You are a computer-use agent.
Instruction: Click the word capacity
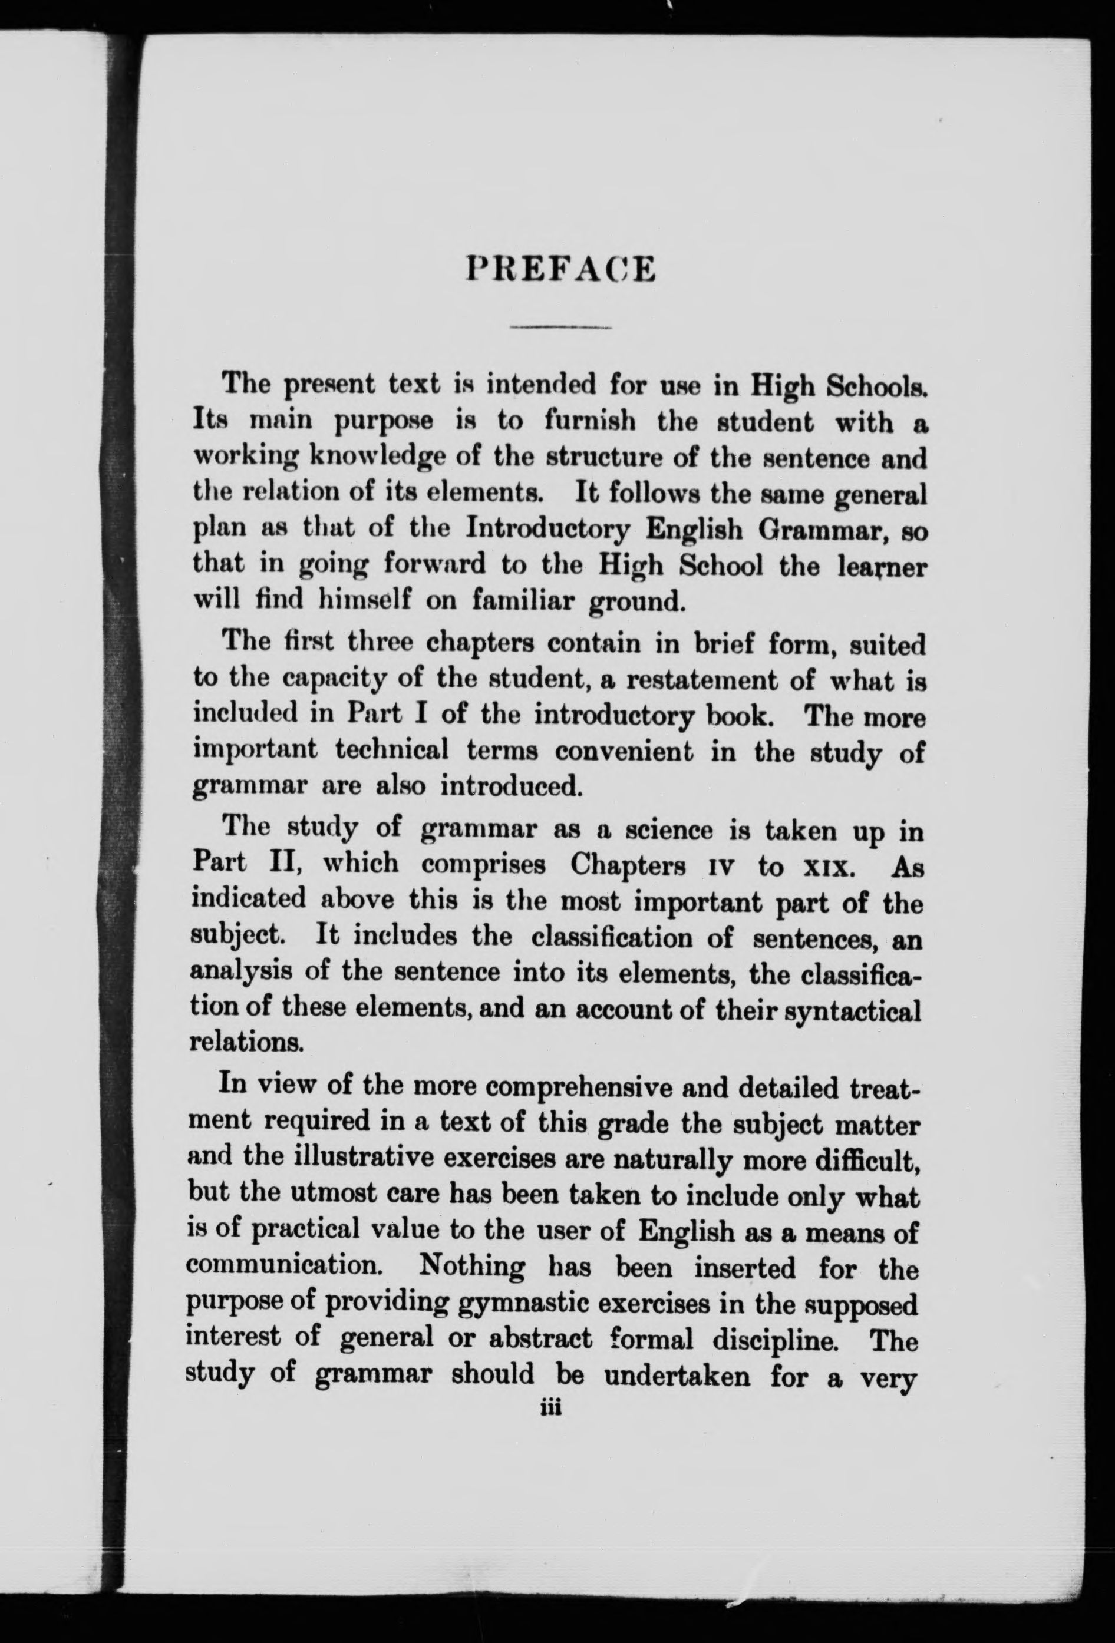coord(335,679)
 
